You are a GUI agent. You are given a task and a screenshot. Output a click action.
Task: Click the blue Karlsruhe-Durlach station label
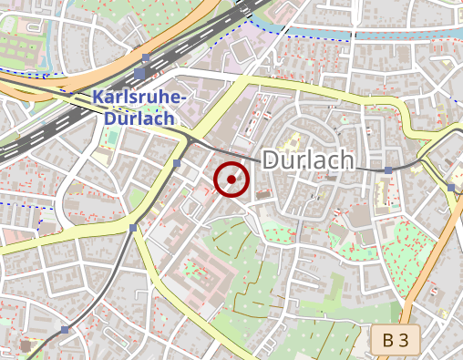click(x=139, y=108)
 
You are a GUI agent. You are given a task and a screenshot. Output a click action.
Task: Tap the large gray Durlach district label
click(x=307, y=160)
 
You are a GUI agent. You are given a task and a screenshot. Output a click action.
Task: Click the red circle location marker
click(x=231, y=180)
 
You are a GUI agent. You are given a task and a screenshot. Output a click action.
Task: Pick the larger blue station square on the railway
click(x=139, y=73)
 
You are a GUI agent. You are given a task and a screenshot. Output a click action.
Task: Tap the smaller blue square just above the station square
click(x=145, y=57)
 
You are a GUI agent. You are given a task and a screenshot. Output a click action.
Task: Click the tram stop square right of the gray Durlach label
click(x=388, y=170)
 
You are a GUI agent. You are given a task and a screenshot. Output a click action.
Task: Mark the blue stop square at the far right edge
click(x=451, y=187)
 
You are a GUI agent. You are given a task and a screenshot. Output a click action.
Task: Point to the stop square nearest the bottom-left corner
click(x=65, y=329)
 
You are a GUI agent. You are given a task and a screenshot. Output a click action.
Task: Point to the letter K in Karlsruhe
click(x=98, y=98)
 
